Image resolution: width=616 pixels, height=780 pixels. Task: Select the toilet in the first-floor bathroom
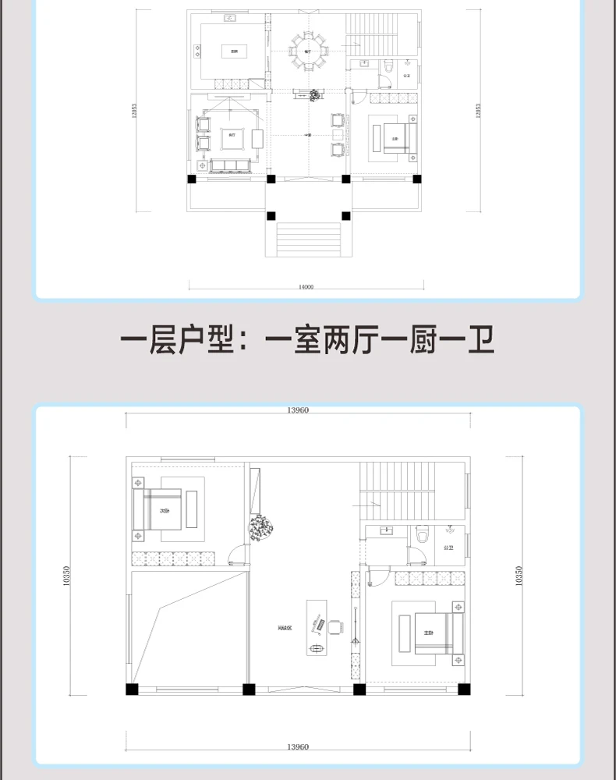pyautogui.click(x=388, y=69)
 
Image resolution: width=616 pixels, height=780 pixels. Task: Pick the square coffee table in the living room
pyautogui.click(x=232, y=136)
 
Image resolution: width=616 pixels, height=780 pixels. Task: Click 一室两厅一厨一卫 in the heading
pyautogui.click(x=380, y=341)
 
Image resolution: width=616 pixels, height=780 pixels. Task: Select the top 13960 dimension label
pyautogui.click(x=299, y=410)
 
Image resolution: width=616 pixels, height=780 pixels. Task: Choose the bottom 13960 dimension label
pyautogui.click(x=299, y=746)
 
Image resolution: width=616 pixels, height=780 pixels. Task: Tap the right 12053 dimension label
pyautogui.click(x=477, y=111)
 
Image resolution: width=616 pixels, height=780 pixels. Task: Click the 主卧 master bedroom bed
pyautogui.click(x=437, y=633)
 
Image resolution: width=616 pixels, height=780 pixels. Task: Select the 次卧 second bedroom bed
pyautogui.click(x=164, y=511)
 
